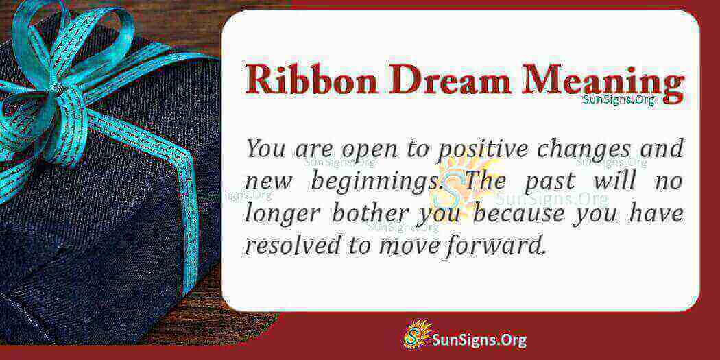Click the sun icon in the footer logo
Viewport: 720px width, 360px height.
(x=417, y=335)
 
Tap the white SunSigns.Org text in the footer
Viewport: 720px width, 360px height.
(x=479, y=340)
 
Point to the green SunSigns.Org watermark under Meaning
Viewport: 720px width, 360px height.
(x=619, y=99)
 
